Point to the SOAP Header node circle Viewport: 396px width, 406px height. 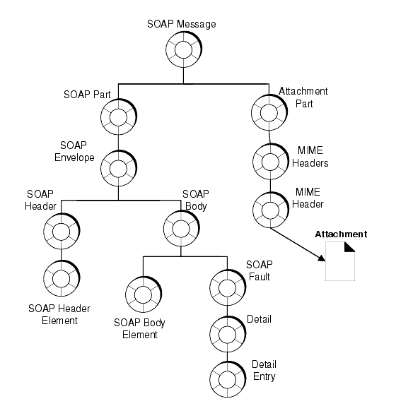[60, 229]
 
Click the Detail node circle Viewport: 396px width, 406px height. [226, 330]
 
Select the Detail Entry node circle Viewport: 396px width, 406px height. [226, 374]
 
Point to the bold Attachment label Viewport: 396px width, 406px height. [341, 234]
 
